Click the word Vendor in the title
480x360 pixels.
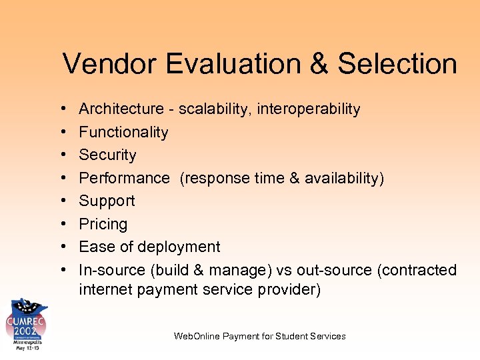[109, 64]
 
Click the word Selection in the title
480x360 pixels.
[397, 64]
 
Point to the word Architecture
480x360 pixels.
[121, 109]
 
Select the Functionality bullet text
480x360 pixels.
[123, 132]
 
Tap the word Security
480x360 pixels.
[107, 155]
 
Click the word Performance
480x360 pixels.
[124, 178]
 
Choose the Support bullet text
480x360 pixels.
[107, 201]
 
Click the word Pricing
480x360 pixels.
[103, 224]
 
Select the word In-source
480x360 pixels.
[112, 270]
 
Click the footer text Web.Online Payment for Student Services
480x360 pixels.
[259, 336]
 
